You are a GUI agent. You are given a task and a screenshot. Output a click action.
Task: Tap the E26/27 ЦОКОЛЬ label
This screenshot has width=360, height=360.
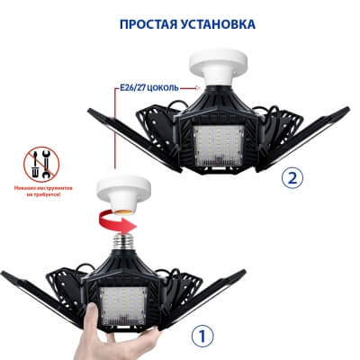[x=148, y=88]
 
